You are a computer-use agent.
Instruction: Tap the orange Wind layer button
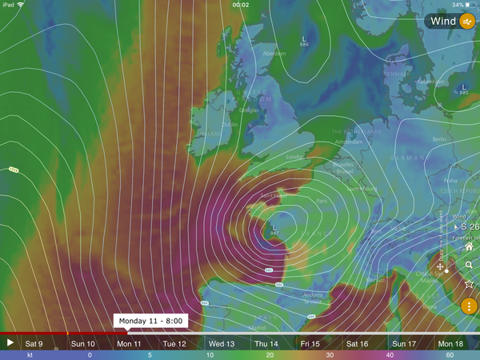click(467, 22)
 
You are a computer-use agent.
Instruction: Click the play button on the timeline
click(10, 342)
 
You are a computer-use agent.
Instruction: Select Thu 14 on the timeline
click(266, 343)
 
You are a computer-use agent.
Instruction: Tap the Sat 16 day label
click(358, 343)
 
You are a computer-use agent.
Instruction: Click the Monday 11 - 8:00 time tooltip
click(151, 321)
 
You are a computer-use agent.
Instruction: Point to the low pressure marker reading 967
click(274, 230)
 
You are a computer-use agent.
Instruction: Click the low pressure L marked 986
click(303, 41)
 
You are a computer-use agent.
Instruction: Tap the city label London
click(297, 158)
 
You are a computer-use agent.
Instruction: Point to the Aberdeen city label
click(274, 54)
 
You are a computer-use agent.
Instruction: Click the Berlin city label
click(439, 138)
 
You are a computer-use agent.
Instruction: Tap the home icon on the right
click(469, 247)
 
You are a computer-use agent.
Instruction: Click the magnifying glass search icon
click(469, 266)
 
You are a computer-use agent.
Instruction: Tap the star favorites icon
click(469, 284)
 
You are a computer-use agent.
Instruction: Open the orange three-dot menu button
click(469, 306)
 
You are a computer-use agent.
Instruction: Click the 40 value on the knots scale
click(389, 354)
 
